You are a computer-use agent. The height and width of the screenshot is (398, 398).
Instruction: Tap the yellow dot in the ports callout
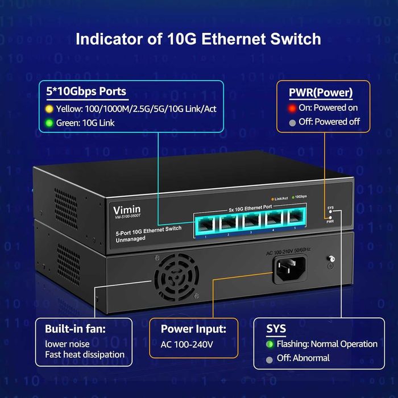click(x=49, y=109)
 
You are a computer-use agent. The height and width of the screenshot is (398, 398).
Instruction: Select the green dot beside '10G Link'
click(x=49, y=123)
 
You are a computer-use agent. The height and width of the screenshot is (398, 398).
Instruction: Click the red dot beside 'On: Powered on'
click(x=292, y=107)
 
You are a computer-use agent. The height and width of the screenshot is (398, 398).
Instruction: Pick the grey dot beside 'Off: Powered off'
click(x=292, y=122)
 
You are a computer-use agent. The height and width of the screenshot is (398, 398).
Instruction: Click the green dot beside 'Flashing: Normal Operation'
click(x=270, y=344)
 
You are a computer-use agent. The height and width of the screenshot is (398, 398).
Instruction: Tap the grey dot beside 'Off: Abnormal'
click(x=270, y=358)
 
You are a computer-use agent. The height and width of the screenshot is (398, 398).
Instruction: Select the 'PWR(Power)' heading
click(x=321, y=92)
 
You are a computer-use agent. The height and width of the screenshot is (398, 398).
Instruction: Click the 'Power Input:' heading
click(x=193, y=328)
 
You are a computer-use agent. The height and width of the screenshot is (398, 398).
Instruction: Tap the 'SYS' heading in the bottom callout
click(x=276, y=328)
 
